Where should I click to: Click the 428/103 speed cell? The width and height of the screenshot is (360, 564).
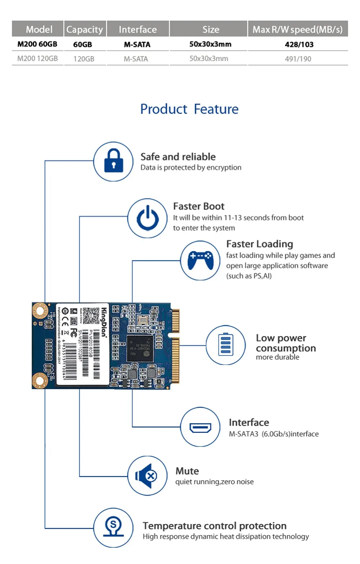tap(299, 44)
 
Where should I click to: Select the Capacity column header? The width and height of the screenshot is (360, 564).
tap(85, 29)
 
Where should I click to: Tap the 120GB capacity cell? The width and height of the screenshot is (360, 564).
tap(84, 59)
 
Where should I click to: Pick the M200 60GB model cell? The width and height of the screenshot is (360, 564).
tap(37, 44)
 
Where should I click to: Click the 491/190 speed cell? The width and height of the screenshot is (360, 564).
tap(298, 59)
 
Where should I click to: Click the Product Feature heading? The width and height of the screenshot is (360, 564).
tap(189, 109)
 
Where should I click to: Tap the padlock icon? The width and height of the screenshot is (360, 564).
tap(113, 161)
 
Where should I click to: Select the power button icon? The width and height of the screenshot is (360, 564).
tap(148, 218)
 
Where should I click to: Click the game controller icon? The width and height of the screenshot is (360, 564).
tap(200, 260)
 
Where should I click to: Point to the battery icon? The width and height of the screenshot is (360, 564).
tap(226, 345)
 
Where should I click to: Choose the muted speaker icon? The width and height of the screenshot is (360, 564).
tap(147, 476)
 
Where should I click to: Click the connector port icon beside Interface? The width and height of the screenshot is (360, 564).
tap(200, 428)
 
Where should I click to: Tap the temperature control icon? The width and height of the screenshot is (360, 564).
tap(113, 528)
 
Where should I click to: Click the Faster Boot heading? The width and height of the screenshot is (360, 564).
tap(199, 206)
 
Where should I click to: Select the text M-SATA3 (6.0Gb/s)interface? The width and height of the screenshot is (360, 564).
tap(274, 434)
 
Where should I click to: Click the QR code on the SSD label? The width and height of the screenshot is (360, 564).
tap(91, 315)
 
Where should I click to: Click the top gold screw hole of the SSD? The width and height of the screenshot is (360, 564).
tap(40, 311)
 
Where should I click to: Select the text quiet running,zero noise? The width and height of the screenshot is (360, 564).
tap(214, 482)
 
